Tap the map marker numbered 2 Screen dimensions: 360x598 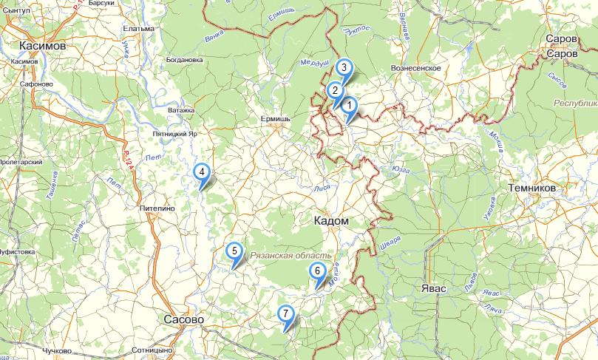tap(335, 92)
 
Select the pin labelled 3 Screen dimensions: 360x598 tap(344, 68)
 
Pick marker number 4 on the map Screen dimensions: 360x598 tap(201, 173)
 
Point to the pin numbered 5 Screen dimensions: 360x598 tap(234, 251)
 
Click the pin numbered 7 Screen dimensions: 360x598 tap(286, 314)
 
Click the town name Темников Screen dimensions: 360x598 tap(531, 189)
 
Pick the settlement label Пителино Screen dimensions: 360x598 tap(157, 209)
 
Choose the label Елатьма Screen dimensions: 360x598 tap(139, 29)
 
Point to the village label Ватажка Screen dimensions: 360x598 tap(181, 110)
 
